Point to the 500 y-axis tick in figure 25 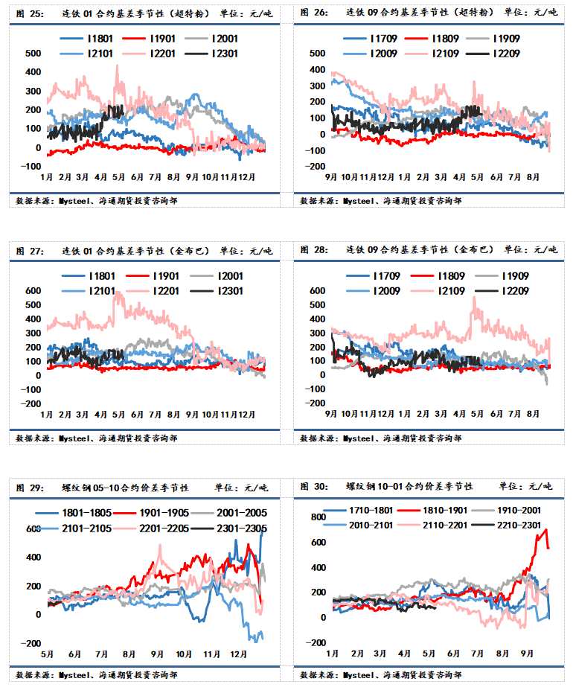tap(32, 54)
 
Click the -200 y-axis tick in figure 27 tap(30, 403)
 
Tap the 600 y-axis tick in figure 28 tap(316, 290)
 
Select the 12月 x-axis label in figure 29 tap(240, 654)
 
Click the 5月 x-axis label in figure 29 tap(47, 654)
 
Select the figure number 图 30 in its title tap(310, 486)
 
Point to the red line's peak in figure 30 tap(545, 529)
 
